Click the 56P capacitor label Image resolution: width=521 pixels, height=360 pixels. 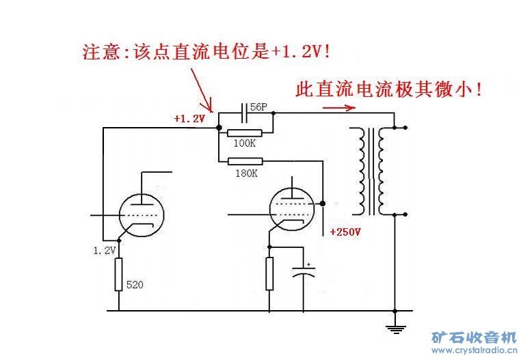coord(259,107)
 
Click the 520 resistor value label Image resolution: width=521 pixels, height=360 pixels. coord(135,284)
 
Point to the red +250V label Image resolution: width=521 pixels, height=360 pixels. coord(345,232)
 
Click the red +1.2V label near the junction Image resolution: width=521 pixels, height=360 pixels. coord(189,119)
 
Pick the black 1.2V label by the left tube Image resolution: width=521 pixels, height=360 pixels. coord(105,251)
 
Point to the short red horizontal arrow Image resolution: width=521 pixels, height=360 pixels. coord(338,107)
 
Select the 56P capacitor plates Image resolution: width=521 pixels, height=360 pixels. coord(245,109)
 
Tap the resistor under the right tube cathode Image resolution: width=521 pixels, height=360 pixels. coord(269,273)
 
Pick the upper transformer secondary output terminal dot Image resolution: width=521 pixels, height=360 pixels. coord(406,128)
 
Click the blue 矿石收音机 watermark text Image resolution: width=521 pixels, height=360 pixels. coord(473,337)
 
